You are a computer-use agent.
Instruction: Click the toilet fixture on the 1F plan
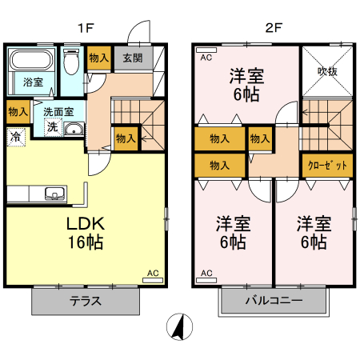point(71,62)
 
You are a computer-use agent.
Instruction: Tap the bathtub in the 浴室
point(31,60)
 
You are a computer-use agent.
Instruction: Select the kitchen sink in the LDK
point(54,193)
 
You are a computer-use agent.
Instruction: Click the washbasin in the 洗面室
point(74,129)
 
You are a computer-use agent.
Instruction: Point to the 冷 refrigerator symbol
point(16,138)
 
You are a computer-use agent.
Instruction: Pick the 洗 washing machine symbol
point(53,127)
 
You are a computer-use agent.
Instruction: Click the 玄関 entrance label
point(133,58)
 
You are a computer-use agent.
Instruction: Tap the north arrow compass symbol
point(179,326)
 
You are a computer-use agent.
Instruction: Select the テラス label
point(86,301)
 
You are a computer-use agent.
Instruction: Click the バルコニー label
point(274,301)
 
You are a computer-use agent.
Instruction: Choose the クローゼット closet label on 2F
point(327,166)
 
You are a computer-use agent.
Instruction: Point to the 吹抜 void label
point(327,71)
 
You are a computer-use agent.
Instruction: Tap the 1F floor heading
point(86,28)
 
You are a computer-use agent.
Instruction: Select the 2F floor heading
point(274,28)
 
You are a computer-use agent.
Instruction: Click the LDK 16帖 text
point(86,233)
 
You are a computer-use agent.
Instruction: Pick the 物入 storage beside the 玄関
point(99,58)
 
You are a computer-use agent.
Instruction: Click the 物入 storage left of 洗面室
point(18,112)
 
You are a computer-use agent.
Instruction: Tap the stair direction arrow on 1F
point(145,138)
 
